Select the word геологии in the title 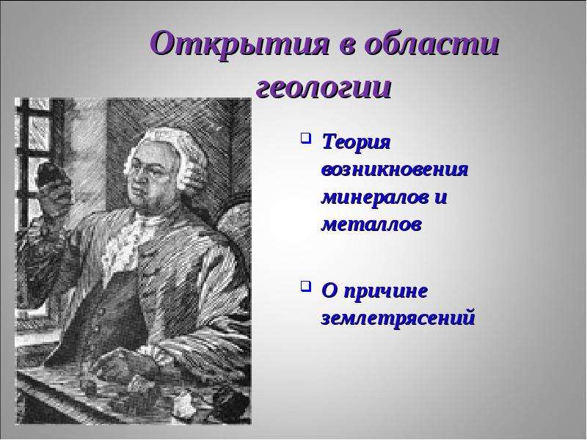pyautogui.click(x=324, y=89)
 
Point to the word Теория pyautogui.click(x=356, y=144)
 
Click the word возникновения pyautogui.click(x=395, y=169)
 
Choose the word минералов pyautogui.click(x=375, y=197)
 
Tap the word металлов pyautogui.click(x=372, y=224)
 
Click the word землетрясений pyautogui.click(x=398, y=318)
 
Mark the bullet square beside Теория pyautogui.click(x=306, y=139)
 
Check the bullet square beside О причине pyautogui.click(x=306, y=287)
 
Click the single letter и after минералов pyautogui.click(x=441, y=197)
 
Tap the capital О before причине pyautogui.click(x=329, y=291)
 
